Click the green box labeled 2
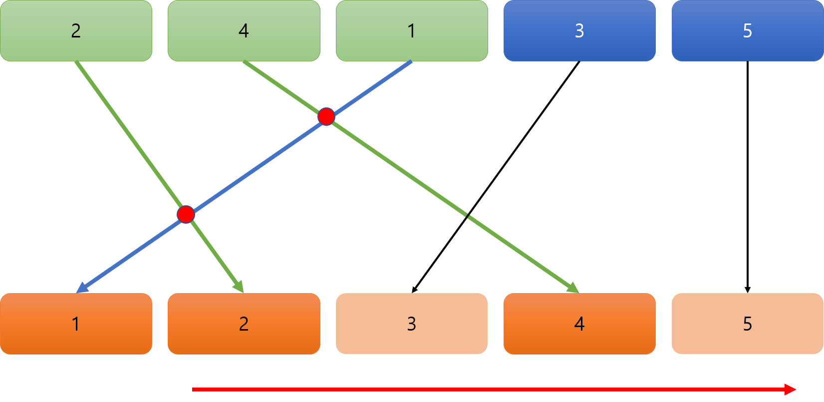tap(76, 31)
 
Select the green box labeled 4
tap(244, 31)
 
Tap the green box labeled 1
tap(412, 31)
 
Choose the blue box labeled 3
tap(579, 31)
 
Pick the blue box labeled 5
tap(747, 31)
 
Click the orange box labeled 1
tap(76, 324)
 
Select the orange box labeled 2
tap(244, 324)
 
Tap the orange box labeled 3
tap(412, 324)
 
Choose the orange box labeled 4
tap(579, 324)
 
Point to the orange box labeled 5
tap(747, 324)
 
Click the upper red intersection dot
tap(326, 117)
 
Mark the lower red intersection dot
tap(186, 214)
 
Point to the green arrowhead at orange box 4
tap(575, 289)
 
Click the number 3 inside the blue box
tap(579, 31)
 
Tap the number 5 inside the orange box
tap(747, 324)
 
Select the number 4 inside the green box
tap(244, 31)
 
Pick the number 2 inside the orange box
tap(244, 324)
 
